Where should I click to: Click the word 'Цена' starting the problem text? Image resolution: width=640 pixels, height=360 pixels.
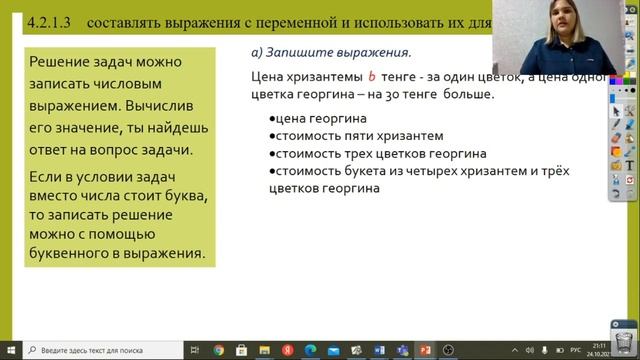point(268,76)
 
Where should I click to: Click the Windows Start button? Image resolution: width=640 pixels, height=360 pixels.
point(10,350)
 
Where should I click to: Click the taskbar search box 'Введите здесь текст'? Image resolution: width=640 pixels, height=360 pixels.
point(100,350)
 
